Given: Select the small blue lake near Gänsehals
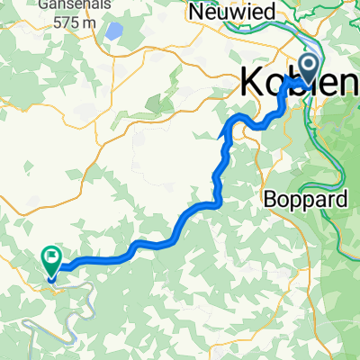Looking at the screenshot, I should point(113,33).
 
